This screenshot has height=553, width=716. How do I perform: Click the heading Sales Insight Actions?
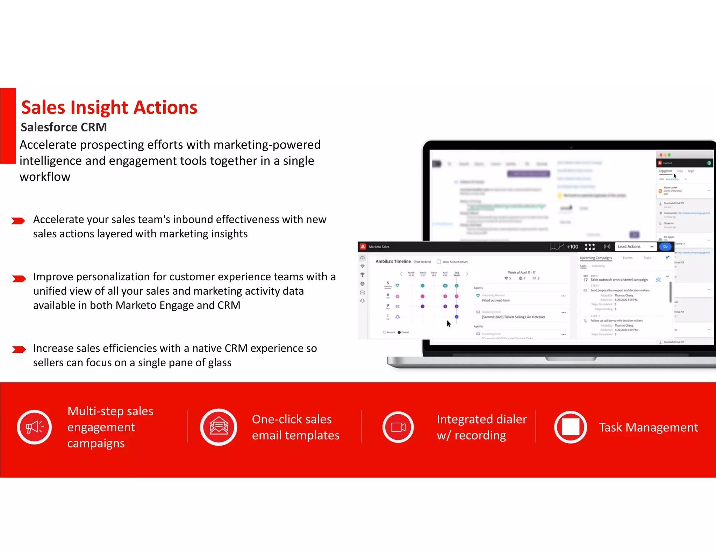[x=109, y=107]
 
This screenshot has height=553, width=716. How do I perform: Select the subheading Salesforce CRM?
[x=64, y=127]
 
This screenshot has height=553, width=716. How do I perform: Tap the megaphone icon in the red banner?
[x=34, y=427]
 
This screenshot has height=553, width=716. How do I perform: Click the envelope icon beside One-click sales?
[x=219, y=427]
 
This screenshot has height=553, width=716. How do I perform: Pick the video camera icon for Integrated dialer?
[x=398, y=427]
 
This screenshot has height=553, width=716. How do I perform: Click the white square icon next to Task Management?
[x=570, y=427]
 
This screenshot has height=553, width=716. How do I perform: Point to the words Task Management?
[x=648, y=427]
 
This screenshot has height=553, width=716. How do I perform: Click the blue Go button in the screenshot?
[x=665, y=246]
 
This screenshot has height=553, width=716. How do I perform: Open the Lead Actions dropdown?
[x=635, y=246]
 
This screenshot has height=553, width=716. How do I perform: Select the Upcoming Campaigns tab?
[x=596, y=258]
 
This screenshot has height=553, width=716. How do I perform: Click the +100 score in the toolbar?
[x=572, y=247]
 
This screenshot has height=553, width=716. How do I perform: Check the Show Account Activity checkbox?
[x=439, y=262]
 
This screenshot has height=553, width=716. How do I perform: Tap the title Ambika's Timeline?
[x=393, y=261]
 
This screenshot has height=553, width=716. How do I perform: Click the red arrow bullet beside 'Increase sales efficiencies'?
[x=19, y=349]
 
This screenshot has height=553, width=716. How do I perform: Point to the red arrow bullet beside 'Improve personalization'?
[x=19, y=279]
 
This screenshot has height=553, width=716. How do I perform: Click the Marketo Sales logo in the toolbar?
[x=363, y=247]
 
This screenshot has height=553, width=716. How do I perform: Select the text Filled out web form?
[x=496, y=300]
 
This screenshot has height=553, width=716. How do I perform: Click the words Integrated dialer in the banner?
[x=481, y=419]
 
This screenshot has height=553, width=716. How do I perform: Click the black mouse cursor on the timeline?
[x=449, y=324]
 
